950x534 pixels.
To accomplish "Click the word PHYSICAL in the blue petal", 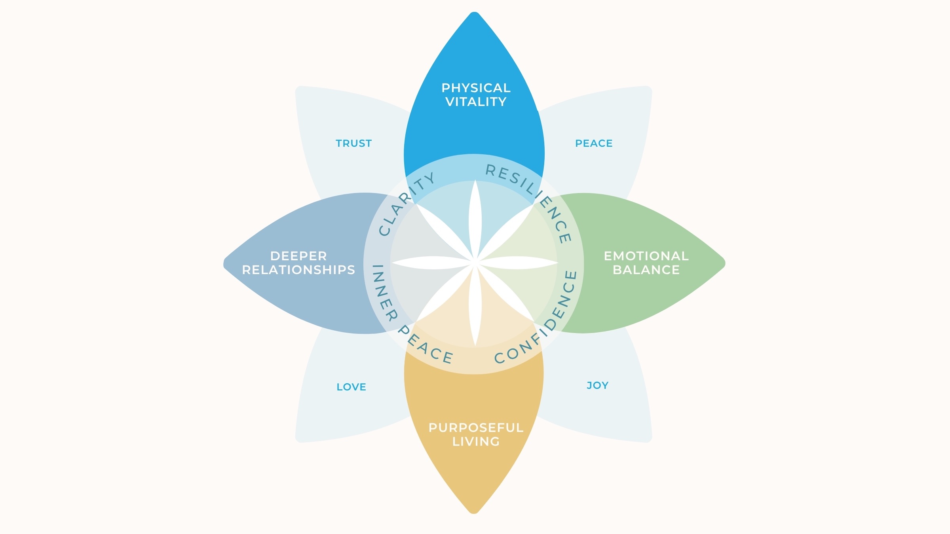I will click(476, 88).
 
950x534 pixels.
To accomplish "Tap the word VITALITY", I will click(476, 102).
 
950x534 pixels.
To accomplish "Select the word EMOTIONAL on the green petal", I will click(646, 256).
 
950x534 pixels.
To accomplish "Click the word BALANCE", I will click(646, 270).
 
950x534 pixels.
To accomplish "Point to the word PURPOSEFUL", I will click(476, 428).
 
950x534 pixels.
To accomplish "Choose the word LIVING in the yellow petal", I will click(476, 441).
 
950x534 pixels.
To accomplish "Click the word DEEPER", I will click(298, 256).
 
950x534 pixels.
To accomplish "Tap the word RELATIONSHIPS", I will click(298, 270).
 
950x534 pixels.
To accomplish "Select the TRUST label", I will click(353, 143).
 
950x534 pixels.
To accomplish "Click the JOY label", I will click(597, 385).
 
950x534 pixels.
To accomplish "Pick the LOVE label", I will click(351, 387).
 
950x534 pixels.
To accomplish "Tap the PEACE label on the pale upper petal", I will click(594, 143).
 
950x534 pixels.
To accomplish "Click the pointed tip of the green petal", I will click(724, 263).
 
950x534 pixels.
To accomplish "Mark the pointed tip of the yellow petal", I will click(474, 513).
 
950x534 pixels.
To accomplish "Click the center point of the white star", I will click(475, 263).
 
